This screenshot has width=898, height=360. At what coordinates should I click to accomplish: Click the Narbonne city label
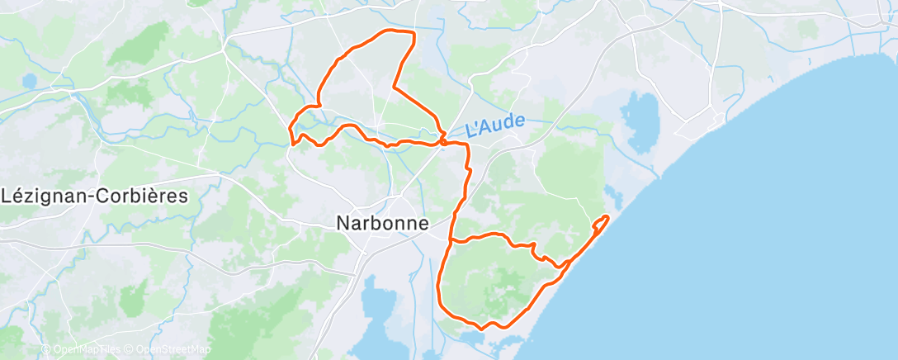pyautogui.click(x=383, y=223)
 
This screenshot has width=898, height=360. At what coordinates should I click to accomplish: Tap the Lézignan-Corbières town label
pyautogui.click(x=95, y=197)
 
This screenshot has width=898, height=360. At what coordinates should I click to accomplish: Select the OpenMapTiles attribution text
pyautogui.click(x=83, y=349)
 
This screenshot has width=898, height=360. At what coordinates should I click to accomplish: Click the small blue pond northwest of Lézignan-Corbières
pyautogui.click(x=30, y=81)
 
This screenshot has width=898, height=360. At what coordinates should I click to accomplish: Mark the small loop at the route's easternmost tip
pyautogui.click(x=603, y=220)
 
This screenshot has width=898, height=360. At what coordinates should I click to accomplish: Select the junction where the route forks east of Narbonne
pyautogui.click(x=450, y=241)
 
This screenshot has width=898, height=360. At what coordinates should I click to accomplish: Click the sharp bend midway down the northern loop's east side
pyautogui.click(x=393, y=87)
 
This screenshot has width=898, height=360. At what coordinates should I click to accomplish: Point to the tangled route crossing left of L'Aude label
pyautogui.click(x=443, y=140)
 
